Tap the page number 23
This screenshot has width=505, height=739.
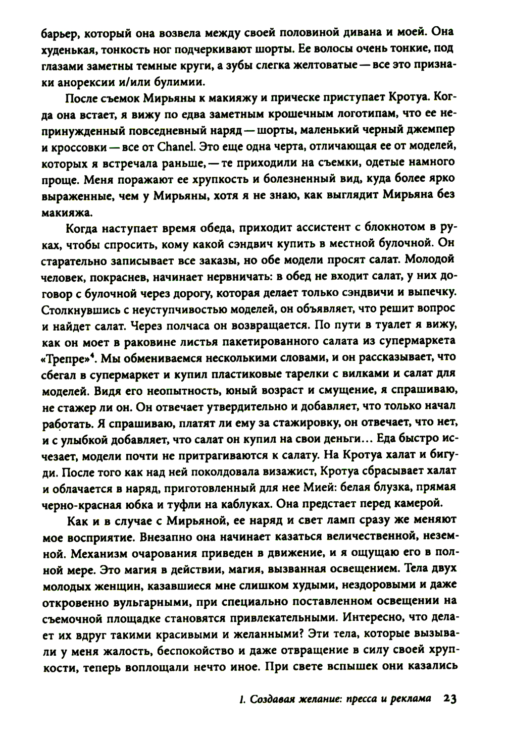pos(449,699)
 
